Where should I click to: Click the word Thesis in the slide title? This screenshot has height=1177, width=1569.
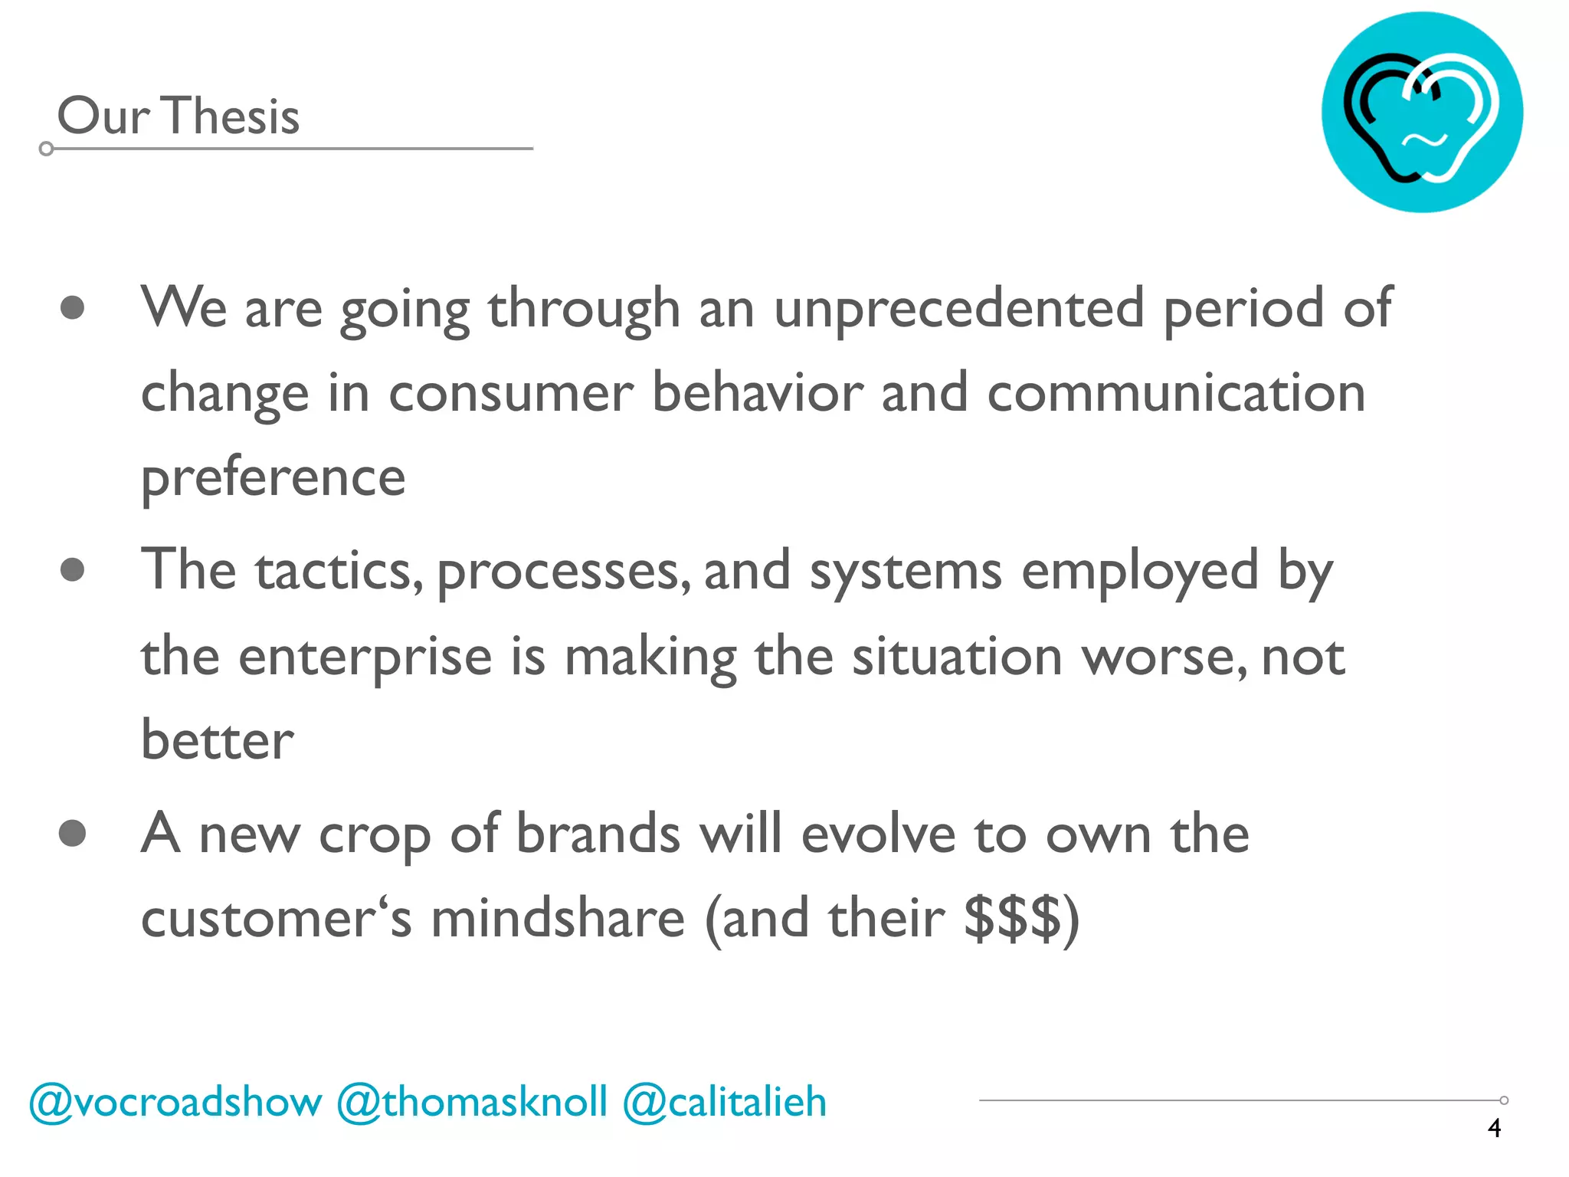coord(231,116)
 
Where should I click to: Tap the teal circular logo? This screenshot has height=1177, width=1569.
coord(1422,112)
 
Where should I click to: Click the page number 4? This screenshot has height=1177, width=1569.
coord(1494,1128)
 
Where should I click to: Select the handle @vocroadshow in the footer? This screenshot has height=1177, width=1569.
coord(175,1103)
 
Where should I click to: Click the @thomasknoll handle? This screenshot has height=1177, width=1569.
coord(472,1103)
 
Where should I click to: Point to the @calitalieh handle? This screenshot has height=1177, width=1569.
coord(725,1103)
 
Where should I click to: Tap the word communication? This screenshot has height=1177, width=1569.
coord(1176,392)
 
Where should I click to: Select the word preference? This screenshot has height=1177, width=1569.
coord(273,478)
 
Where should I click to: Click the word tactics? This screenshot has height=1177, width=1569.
coord(339,572)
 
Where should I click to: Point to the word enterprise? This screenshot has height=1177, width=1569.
coord(365,657)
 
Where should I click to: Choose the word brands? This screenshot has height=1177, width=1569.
coord(598,834)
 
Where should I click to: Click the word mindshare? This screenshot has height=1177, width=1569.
coord(558,918)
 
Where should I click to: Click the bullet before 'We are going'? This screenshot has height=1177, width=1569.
coord(72,308)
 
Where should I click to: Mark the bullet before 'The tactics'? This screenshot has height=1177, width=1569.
coord(72,570)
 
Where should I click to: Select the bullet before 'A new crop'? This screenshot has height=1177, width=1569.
coord(72,833)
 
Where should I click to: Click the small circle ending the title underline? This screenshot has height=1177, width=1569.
coord(46,149)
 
